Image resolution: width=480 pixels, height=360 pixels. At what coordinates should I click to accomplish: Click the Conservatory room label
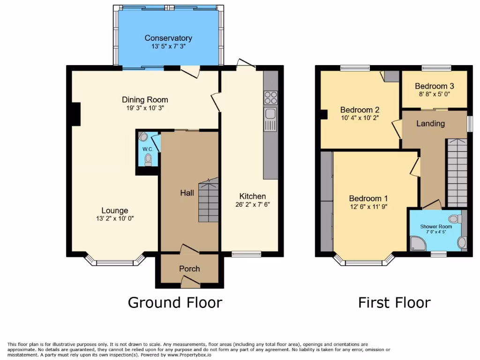(x=168, y=38)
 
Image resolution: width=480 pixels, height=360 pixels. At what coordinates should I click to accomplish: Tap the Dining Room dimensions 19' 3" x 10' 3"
(x=145, y=108)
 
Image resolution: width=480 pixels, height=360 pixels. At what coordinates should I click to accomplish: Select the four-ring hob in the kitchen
(x=270, y=97)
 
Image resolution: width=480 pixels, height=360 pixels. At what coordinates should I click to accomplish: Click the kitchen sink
(x=270, y=114)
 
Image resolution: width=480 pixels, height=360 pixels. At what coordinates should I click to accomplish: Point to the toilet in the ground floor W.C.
(x=149, y=161)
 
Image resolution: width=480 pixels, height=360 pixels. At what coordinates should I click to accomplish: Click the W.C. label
(x=148, y=149)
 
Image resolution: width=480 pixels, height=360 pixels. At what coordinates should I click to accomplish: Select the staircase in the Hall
(x=208, y=200)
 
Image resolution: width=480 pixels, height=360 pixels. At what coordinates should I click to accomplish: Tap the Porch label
(x=189, y=269)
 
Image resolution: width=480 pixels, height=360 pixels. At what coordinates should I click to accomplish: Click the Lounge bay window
(x=115, y=262)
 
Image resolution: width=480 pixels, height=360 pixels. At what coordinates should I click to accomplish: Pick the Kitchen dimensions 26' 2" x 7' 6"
(x=253, y=204)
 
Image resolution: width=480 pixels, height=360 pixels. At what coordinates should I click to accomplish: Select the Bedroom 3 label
(x=434, y=86)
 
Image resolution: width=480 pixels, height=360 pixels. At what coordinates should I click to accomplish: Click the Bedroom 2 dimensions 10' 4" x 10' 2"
(x=360, y=118)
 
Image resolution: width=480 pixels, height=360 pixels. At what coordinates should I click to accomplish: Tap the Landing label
(x=430, y=124)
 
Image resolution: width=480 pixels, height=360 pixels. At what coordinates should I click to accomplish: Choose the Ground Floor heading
(x=175, y=302)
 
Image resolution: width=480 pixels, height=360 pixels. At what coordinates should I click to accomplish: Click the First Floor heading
(x=394, y=302)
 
